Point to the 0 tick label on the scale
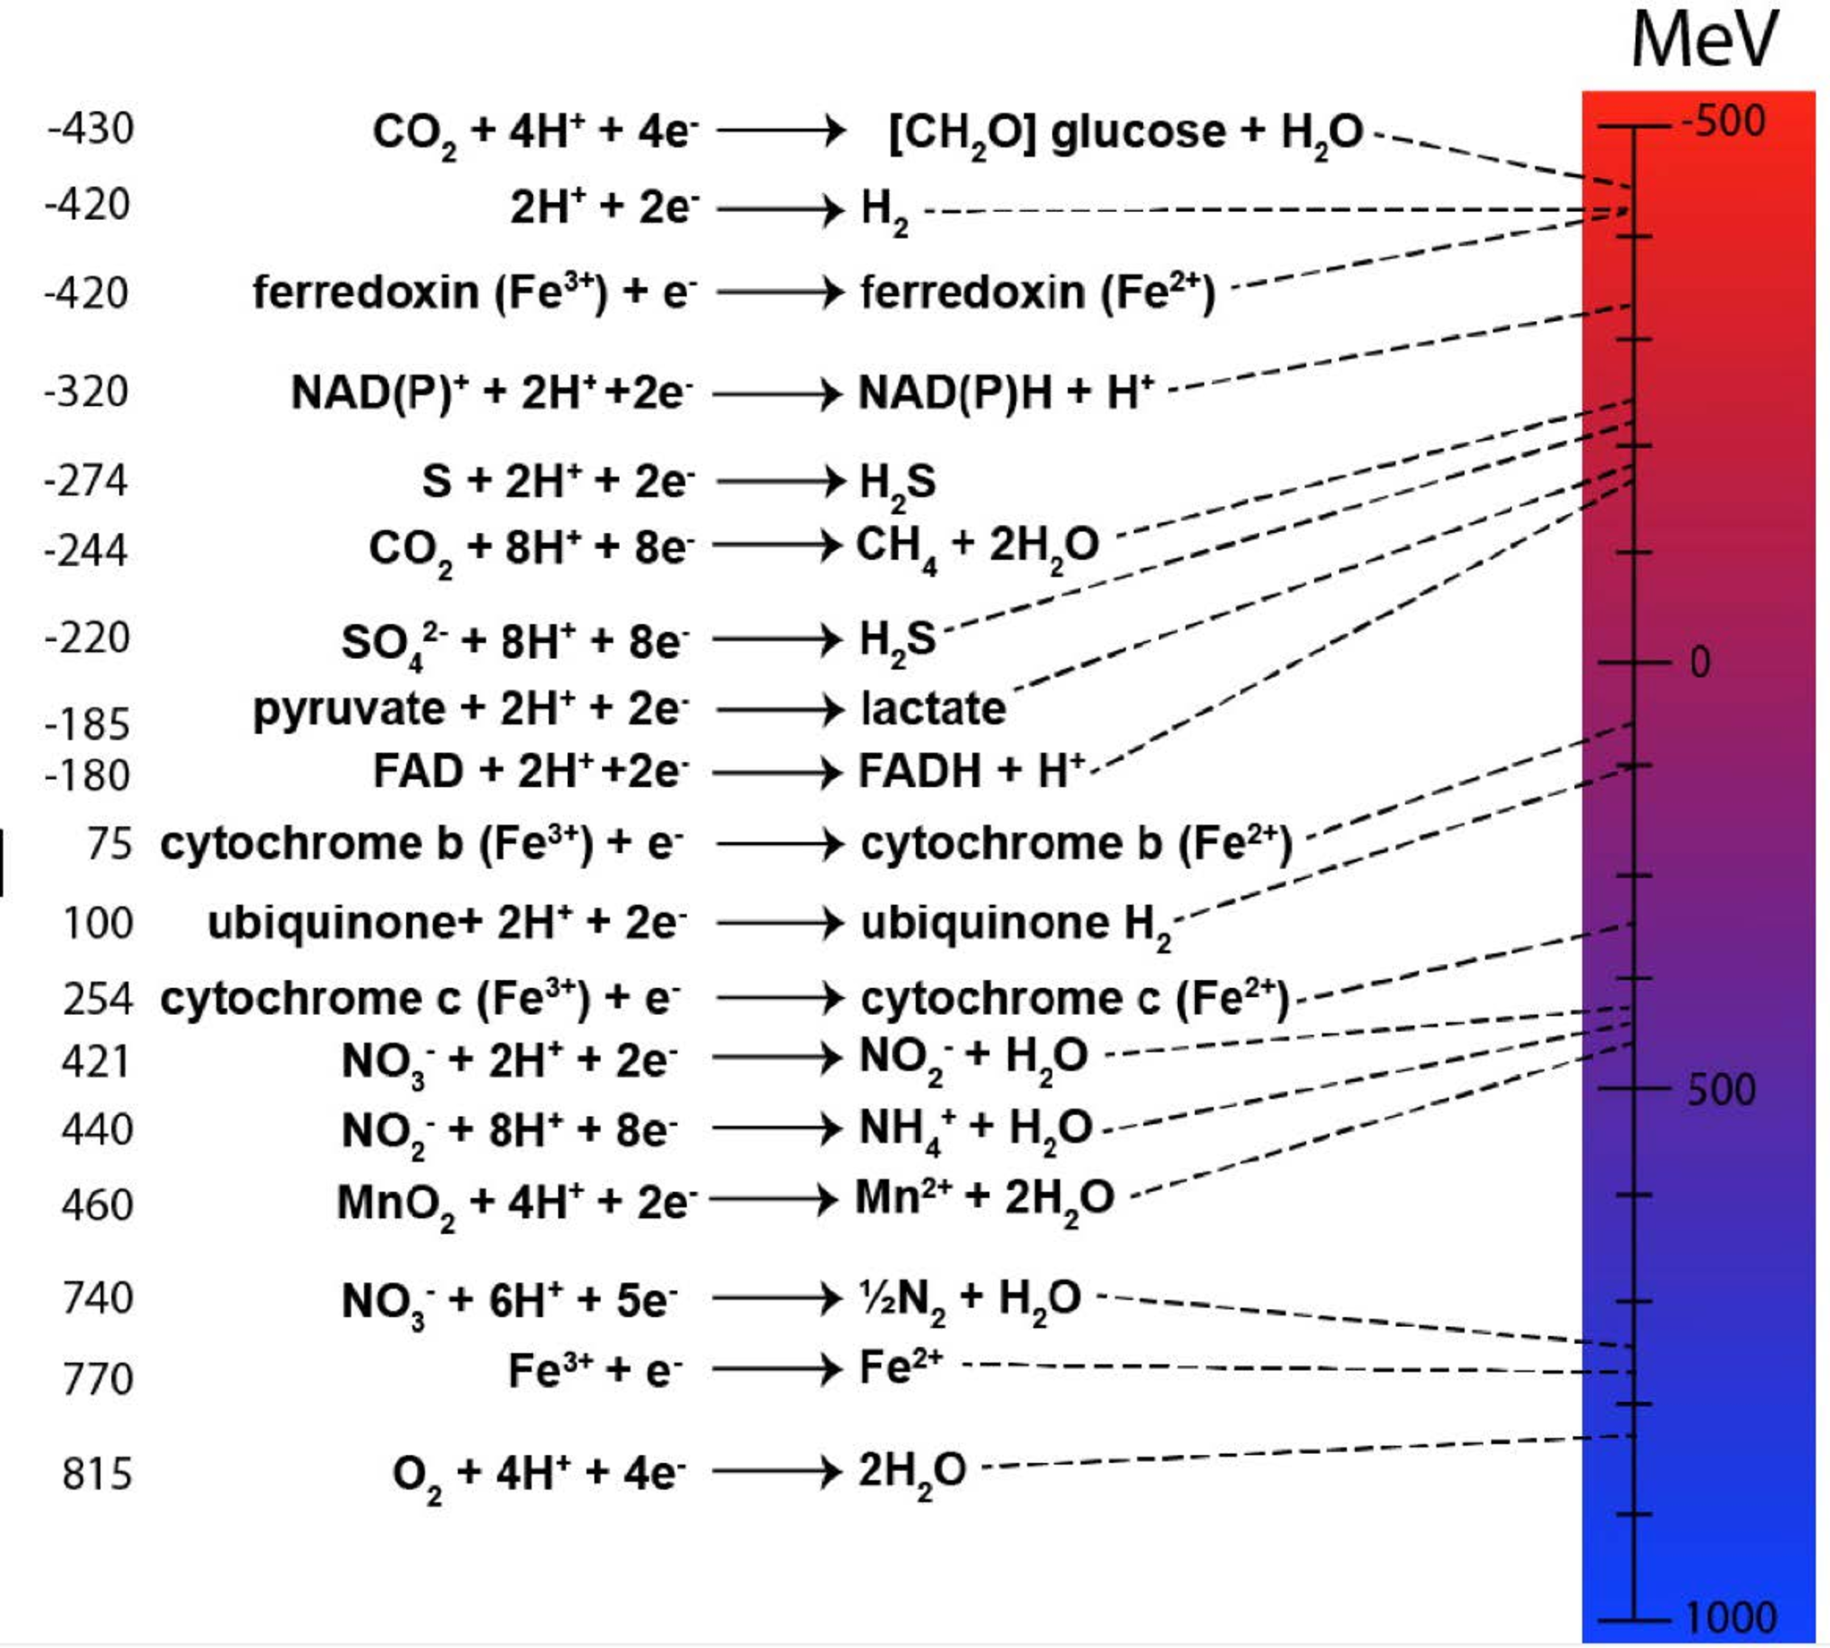click(1699, 663)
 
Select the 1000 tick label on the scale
click(1731, 1618)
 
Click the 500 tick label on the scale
click(1721, 1089)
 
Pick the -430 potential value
click(90, 129)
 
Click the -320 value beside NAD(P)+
click(87, 392)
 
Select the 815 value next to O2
click(97, 1475)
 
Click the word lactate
click(933, 709)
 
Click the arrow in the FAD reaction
click(778, 773)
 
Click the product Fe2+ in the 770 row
click(900, 1367)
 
